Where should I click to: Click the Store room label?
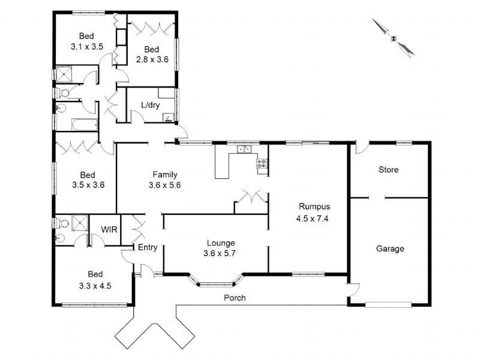[388, 170]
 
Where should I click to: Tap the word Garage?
[390, 248]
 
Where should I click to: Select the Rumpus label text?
[314, 207]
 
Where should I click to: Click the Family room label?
[164, 175]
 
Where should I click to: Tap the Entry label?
[148, 247]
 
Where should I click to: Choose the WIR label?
[109, 230]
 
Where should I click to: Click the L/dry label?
[151, 105]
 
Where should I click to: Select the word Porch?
[235, 298]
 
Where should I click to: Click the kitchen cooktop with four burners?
[262, 163]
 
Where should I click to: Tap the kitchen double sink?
[244, 149]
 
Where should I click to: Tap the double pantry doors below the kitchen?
[251, 197]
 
